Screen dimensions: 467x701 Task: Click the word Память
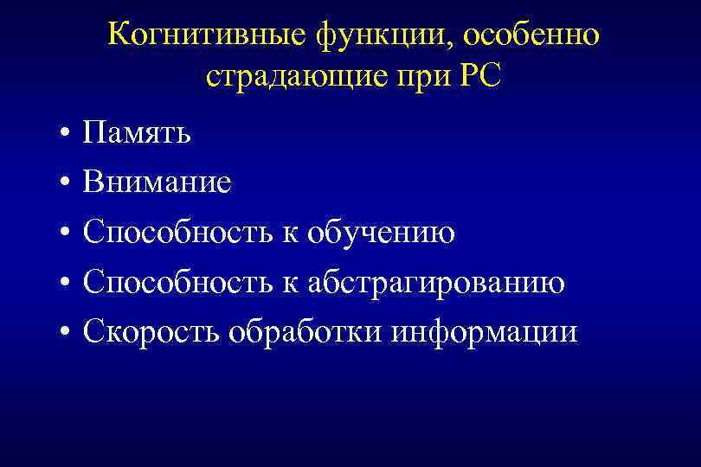(138, 133)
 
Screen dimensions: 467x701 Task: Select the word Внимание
(157, 182)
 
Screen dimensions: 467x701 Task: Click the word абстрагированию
(436, 283)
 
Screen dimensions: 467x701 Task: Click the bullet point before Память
(65, 135)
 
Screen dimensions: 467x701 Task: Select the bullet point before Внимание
(65, 184)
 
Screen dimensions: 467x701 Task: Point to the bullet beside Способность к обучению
(65, 234)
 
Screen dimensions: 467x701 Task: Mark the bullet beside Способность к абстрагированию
(65, 284)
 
